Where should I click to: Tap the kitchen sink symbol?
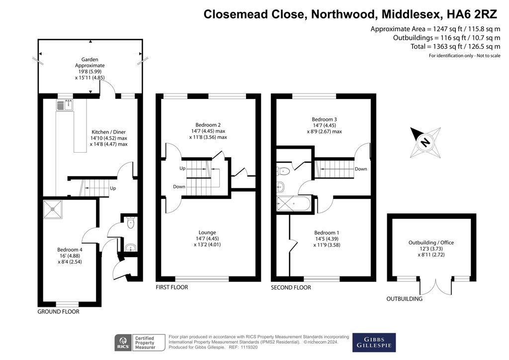click(x=65, y=105)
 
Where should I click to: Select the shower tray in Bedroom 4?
click(x=52, y=209)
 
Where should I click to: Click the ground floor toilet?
click(x=131, y=222)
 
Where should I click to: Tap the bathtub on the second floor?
click(x=294, y=204)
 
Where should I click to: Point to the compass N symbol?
click(x=425, y=142)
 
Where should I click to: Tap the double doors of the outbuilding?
click(x=436, y=285)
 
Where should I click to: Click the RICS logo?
click(x=123, y=343)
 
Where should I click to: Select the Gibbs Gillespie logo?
click(x=374, y=343)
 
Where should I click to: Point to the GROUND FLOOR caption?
click(x=59, y=312)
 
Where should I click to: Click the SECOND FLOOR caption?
click(x=291, y=287)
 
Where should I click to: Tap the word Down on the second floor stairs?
click(x=361, y=169)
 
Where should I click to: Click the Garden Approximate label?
click(x=90, y=62)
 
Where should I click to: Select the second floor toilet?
click(x=283, y=170)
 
